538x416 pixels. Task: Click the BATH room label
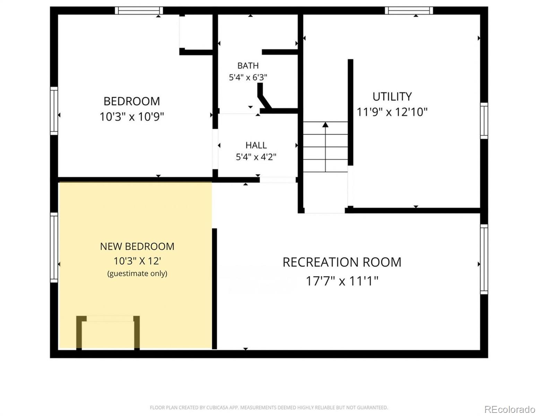(x=248, y=66)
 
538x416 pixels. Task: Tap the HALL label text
(x=256, y=145)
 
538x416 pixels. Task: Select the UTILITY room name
(x=392, y=96)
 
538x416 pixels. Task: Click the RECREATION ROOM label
(x=342, y=262)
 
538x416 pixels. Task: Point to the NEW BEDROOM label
(x=137, y=246)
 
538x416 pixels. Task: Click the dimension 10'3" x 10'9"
(x=132, y=116)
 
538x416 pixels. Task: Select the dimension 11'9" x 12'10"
(x=392, y=112)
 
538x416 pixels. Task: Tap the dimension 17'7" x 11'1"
(x=342, y=281)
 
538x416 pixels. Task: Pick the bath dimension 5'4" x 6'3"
(x=248, y=77)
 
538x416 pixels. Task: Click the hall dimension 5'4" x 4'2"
(x=256, y=157)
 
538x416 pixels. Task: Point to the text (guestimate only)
(x=137, y=274)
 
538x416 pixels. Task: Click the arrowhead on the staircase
(x=325, y=125)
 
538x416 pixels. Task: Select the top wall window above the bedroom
(x=139, y=11)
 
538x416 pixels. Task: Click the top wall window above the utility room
(x=409, y=11)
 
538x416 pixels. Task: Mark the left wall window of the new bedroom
(x=54, y=248)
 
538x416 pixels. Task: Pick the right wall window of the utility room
(x=484, y=121)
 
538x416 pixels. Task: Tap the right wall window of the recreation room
(x=484, y=259)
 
